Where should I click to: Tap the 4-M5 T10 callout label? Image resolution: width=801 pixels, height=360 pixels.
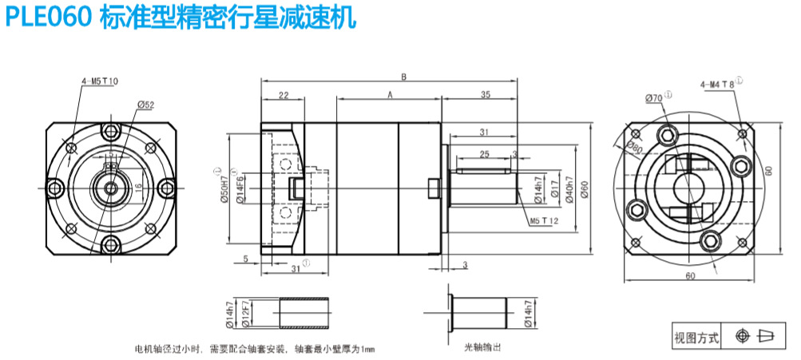point(99,81)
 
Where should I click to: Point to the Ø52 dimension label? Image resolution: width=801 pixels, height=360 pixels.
point(145,105)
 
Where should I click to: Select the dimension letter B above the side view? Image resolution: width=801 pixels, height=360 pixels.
point(404,77)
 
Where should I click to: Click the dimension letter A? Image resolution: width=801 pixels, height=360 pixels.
point(390,94)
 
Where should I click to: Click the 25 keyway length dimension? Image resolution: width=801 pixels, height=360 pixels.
point(484,153)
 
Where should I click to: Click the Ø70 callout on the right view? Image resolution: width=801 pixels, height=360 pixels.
point(653,97)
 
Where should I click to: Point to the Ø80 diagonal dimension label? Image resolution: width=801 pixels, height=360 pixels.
point(636,147)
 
